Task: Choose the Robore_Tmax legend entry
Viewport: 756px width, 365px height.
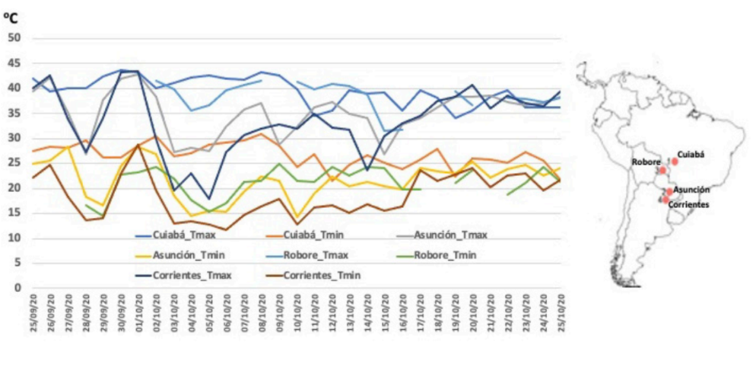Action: pyautogui.click(x=297, y=256)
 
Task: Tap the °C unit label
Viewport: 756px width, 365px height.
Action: pyautogui.click(x=14, y=16)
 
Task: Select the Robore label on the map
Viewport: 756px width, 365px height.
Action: pyautogui.click(x=645, y=162)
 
